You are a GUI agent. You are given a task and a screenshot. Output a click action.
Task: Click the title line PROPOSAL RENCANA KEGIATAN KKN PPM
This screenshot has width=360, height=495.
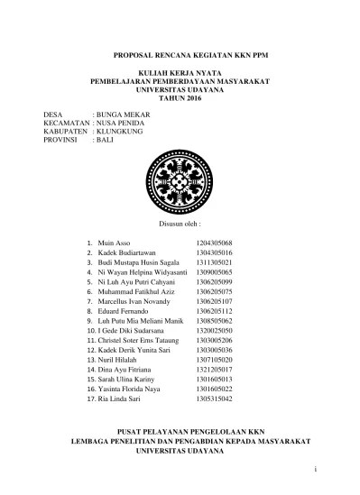tap(180, 56)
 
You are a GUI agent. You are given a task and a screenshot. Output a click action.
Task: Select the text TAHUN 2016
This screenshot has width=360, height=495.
tap(179, 97)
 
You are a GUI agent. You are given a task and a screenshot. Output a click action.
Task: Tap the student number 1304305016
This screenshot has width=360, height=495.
tap(215, 254)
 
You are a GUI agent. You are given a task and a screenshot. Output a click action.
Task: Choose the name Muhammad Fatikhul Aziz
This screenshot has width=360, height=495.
tap(137, 292)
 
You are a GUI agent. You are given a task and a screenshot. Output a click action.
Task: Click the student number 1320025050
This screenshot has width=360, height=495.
tap(215, 331)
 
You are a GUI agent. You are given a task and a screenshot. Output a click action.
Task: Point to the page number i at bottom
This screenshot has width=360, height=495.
tap(316, 471)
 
